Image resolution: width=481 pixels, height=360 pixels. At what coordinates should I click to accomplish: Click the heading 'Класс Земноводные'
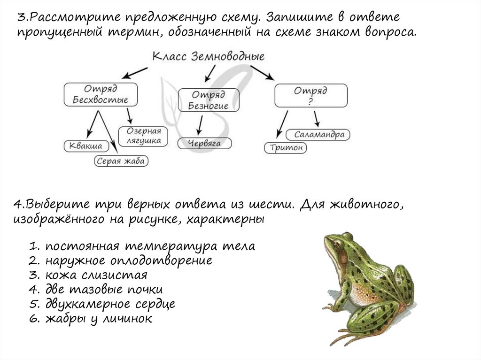(x=209, y=56)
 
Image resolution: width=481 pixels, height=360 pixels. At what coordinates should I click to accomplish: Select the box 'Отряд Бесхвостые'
(x=100, y=94)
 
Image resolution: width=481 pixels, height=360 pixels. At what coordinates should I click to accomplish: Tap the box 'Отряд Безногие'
(x=209, y=100)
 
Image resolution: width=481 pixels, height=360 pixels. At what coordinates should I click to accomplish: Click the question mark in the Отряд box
(x=310, y=100)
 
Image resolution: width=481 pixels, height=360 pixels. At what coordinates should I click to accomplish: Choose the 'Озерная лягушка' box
(x=143, y=136)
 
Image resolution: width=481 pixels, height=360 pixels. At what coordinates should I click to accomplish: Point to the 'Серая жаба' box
(x=122, y=161)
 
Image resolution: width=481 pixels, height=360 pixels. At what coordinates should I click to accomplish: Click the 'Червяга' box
(x=204, y=143)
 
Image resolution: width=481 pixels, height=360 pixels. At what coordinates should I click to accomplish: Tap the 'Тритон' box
(x=285, y=148)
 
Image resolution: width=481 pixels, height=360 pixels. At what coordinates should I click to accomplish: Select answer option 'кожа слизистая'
(x=97, y=275)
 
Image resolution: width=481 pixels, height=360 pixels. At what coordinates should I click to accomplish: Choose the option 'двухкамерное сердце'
(x=110, y=304)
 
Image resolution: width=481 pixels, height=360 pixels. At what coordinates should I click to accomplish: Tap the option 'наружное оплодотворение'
(x=129, y=260)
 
